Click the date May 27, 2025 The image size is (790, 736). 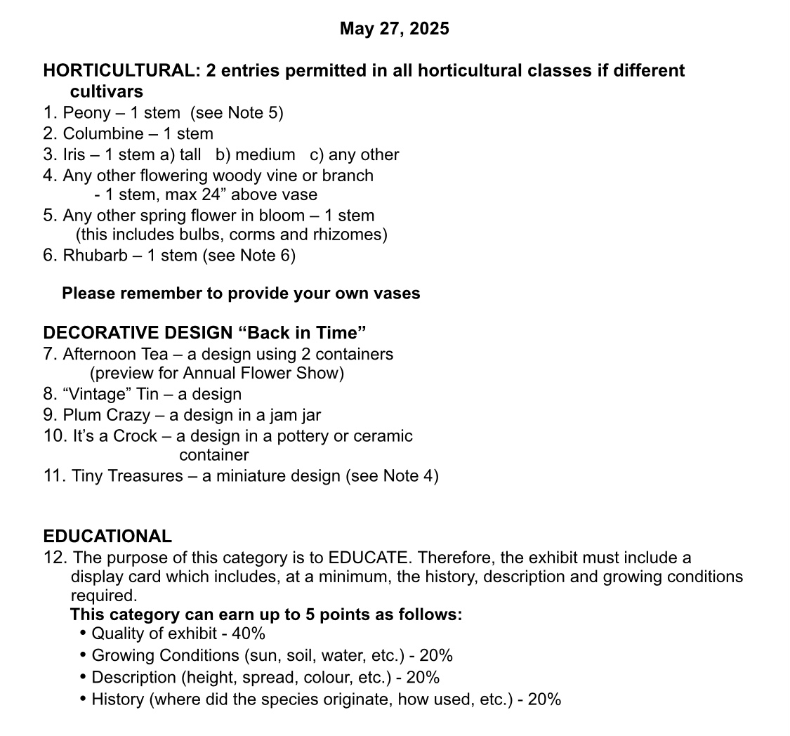click(394, 29)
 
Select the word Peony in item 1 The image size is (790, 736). click(87, 113)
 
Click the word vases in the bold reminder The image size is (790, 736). click(398, 294)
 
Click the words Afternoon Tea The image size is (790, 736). click(113, 355)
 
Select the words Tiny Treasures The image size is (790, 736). click(127, 476)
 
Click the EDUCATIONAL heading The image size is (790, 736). click(107, 537)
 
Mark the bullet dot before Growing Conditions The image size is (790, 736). click(84, 655)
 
